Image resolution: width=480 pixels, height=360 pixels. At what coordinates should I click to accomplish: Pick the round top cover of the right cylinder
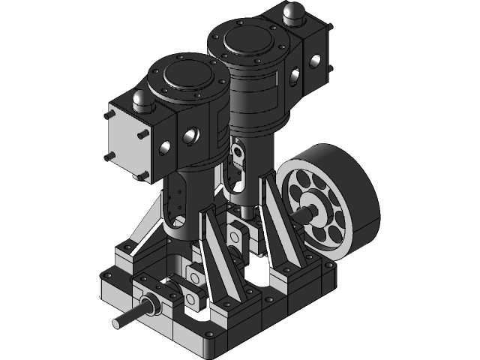(247, 38)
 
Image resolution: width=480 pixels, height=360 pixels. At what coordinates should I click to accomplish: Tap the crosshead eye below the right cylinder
(238, 154)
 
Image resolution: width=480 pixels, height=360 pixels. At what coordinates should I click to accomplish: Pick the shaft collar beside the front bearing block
(149, 306)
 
